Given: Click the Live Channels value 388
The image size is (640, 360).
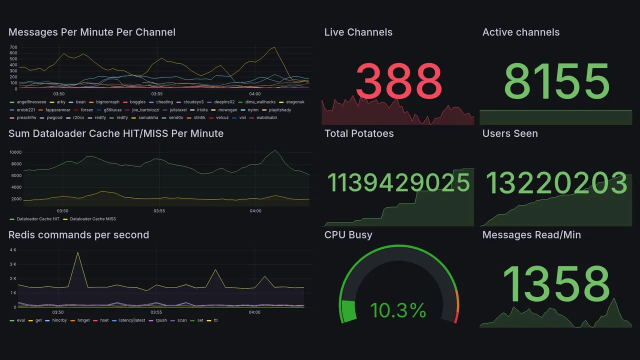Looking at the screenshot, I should coord(398,81).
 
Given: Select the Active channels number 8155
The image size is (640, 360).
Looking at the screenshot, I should coord(556,81).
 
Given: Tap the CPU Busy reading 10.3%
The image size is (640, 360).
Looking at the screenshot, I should coord(398,310).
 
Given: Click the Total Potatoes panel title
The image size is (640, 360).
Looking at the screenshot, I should coord(358,133).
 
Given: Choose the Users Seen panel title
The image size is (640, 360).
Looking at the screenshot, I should coord(509,133).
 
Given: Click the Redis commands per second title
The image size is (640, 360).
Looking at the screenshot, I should coord(78,235).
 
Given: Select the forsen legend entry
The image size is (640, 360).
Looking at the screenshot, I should coord(86,110).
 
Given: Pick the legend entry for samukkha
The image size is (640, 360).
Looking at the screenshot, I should coord(147,118).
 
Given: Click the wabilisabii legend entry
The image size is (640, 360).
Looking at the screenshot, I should coord(266,118).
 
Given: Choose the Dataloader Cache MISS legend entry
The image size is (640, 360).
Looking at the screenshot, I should coord(93,219).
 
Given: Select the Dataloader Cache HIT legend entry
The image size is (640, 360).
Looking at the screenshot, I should coord(38,219).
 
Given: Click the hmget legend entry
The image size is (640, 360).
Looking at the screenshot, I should coord(83,320).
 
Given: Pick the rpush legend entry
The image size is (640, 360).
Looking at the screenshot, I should coord(161,320).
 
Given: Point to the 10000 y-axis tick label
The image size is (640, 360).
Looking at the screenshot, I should coord(15,152).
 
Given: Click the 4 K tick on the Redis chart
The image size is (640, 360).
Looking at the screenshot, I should coord(13,249).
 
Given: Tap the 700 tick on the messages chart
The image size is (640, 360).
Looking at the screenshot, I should coord(13,47).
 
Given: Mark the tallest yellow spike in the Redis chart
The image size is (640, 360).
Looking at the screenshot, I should coord(77,253).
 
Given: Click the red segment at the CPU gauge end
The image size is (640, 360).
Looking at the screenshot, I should coord(456,318).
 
